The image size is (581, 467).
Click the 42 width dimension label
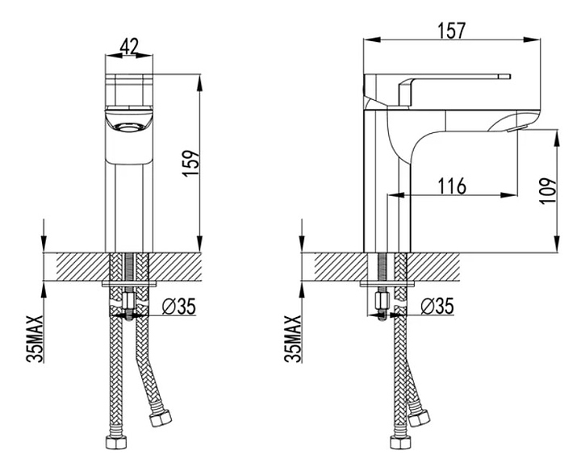[x=129, y=46]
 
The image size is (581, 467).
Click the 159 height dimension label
[x=191, y=163]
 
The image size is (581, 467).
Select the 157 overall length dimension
[x=451, y=31]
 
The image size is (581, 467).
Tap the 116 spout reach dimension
[x=452, y=186]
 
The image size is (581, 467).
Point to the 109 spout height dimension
[x=548, y=190]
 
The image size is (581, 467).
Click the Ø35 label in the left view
[x=179, y=306]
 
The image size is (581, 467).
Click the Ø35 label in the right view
[x=437, y=306]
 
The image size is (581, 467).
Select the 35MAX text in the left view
[x=34, y=338]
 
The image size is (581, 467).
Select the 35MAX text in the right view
[x=292, y=338]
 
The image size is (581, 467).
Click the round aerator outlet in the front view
[x=129, y=127]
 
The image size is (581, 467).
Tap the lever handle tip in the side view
[x=504, y=77]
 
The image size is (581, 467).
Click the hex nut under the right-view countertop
[x=382, y=300]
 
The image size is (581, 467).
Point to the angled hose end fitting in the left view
[x=160, y=418]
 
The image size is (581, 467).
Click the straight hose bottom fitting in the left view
[x=116, y=442]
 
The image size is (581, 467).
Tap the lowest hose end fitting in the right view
[x=400, y=442]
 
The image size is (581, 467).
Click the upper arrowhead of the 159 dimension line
[x=200, y=82]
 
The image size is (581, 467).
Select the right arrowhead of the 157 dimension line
[x=532, y=40]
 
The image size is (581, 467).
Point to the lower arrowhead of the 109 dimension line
[x=557, y=244]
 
